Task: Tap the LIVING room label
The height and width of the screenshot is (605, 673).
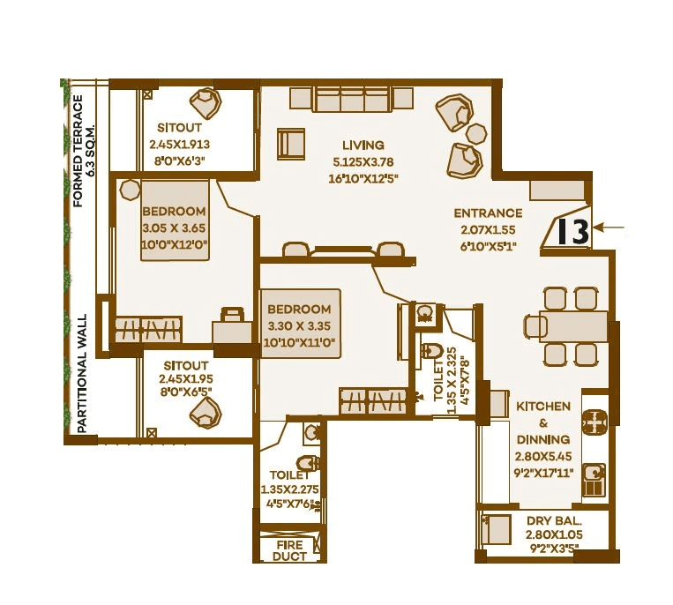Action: (363, 145)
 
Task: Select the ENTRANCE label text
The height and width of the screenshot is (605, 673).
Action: (488, 213)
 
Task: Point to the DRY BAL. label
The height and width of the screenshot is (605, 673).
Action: (550, 521)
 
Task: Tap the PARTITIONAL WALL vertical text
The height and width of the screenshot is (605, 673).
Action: (83, 373)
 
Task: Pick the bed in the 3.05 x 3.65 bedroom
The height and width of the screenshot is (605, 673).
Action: (176, 220)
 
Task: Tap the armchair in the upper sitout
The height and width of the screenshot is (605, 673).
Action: (207, 102)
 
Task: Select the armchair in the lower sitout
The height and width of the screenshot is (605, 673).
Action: (206, 410)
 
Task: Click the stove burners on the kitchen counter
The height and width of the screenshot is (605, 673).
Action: (596, 423)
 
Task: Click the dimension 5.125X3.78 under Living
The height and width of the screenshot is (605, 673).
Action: (363, 162)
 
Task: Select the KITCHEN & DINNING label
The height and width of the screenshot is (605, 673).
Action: (543, 422)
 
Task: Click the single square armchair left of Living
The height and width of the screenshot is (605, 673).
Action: (290, 143)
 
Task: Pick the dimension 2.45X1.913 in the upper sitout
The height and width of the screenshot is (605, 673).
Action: (178, 145)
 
